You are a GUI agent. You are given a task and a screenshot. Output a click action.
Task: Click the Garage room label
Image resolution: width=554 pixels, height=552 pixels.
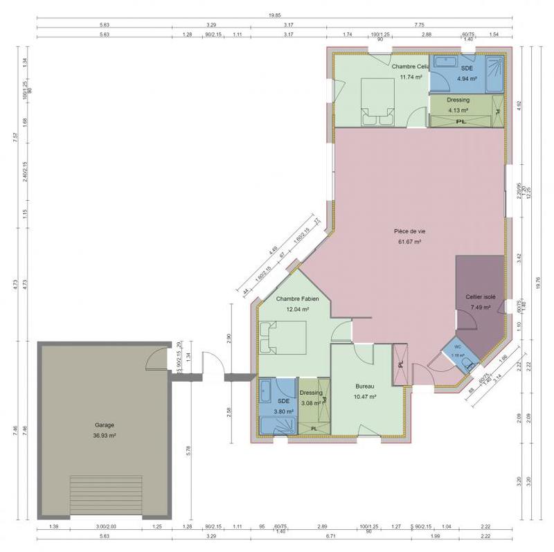pos(105,425)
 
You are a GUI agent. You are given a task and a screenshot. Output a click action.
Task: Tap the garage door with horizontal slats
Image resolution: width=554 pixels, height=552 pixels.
pos(106,495)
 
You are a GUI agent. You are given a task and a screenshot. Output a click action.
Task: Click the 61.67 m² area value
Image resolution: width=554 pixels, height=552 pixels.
pos(411,242)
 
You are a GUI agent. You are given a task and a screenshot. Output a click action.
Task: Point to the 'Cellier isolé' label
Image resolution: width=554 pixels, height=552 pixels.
pos(480,296)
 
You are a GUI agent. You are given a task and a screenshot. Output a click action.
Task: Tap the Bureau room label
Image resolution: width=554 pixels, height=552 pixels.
pos(365,386)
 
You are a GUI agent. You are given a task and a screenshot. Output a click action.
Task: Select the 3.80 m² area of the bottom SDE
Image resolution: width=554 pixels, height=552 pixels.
pos(283,411)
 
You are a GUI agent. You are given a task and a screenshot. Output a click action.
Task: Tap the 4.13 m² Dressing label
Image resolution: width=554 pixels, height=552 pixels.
pos(458,110)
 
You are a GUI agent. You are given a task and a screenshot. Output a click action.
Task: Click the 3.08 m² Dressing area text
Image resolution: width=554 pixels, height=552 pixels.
pos(311,403)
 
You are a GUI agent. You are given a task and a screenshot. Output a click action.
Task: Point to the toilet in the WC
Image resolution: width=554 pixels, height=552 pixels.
pos(468,361)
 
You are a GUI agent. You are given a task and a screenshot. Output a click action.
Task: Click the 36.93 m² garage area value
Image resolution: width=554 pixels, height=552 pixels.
pos(105,436)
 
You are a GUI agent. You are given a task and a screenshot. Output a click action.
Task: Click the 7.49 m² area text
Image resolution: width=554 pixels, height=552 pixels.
pos(480,307)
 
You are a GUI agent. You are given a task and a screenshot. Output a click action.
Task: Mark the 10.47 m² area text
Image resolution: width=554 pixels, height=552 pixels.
pos(365,397)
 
